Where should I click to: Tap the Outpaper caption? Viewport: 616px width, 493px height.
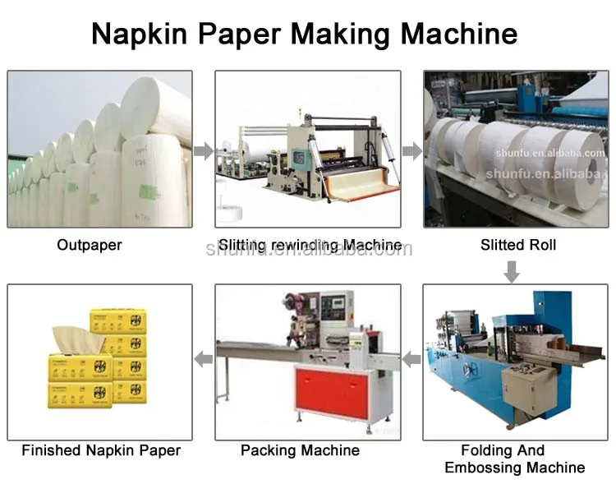tap(90, 245)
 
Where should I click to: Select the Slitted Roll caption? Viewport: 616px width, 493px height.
tap(518, 245)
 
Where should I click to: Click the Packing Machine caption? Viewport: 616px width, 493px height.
tap(300, 450)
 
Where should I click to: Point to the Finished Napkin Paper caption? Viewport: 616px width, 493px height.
tap(101, 450)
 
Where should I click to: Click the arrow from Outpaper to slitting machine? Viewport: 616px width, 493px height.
tap(204, 151)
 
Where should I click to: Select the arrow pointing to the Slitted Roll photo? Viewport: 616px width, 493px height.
tap(412, 151)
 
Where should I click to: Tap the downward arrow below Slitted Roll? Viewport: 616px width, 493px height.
tap(512, 271)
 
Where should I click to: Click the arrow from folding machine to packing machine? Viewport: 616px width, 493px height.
tap(411, 358)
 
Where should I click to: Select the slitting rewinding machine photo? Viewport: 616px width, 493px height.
tap(308, 149)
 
